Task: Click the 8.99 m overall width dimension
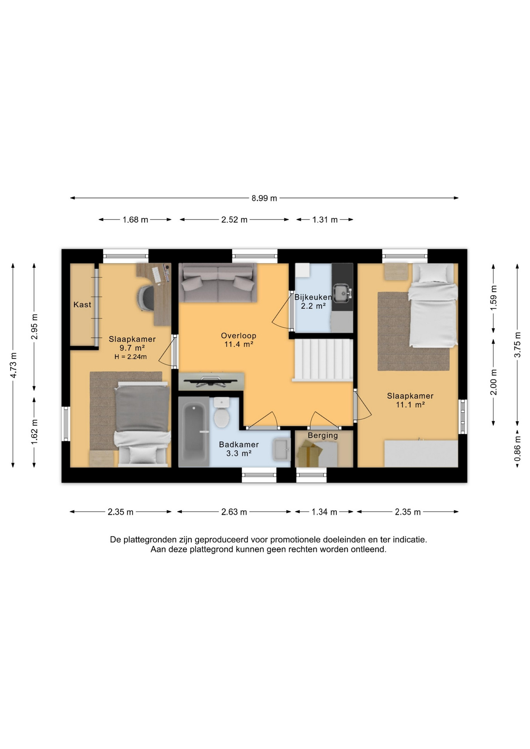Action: (x=264, y=198)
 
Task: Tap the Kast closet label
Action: (x=82, y=305)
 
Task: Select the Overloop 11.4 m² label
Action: (x=238, y=340)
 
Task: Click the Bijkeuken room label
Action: (x=313, y=297)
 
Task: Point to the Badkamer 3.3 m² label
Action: (x=239, y=449)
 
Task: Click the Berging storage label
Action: (x=323, y=435)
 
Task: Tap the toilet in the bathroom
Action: (x=222, y=413)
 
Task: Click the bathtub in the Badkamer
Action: (x=194, y=432)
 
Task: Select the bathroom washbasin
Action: (x=281, y=449)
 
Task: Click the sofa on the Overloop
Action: (x=218, y=283)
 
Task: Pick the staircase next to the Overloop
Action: (x=323, y=360)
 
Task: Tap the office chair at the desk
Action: (x=145, y=298)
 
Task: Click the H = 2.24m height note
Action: (x=130, y=357)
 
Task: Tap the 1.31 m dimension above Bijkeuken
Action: (x=325, y=220)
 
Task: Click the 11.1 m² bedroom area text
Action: (x=410, y=405)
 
